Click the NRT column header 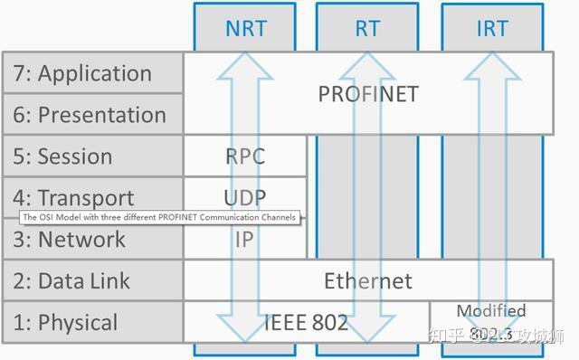(x=246, y=28)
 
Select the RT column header (x=367, y=28)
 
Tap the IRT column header (x=492, y=28)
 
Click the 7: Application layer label (x=82, y=73)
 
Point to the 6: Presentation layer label (x=90, y=115)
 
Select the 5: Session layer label (x=62, y=156)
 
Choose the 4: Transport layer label (x=73, y=198)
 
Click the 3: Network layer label (x=69, y=240)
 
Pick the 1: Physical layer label (x=65, y=323)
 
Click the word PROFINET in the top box (x=368, y=94)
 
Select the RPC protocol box (x=245, y=156)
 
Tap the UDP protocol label (x=245, y=197)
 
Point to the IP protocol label (x=245, y=240)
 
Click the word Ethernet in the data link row (x=368, y=281)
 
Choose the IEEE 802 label (x=306, y=323)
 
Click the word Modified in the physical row (x=490, y=311)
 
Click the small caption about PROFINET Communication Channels (x=159, y=217)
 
